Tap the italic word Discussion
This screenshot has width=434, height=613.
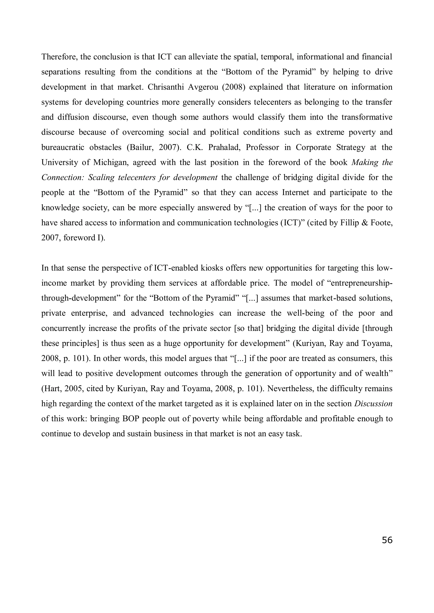click(x=373, y=404)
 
